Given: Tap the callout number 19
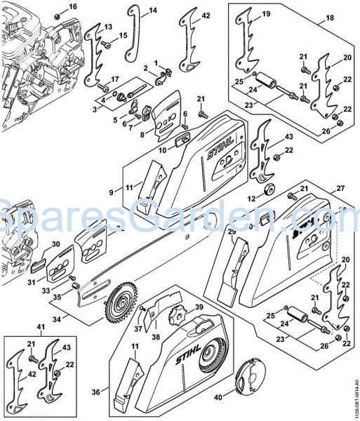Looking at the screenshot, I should [x=266, y=14].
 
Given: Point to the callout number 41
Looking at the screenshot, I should [x=20, y=328].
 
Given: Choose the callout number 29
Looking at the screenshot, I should [x=232, y=232].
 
